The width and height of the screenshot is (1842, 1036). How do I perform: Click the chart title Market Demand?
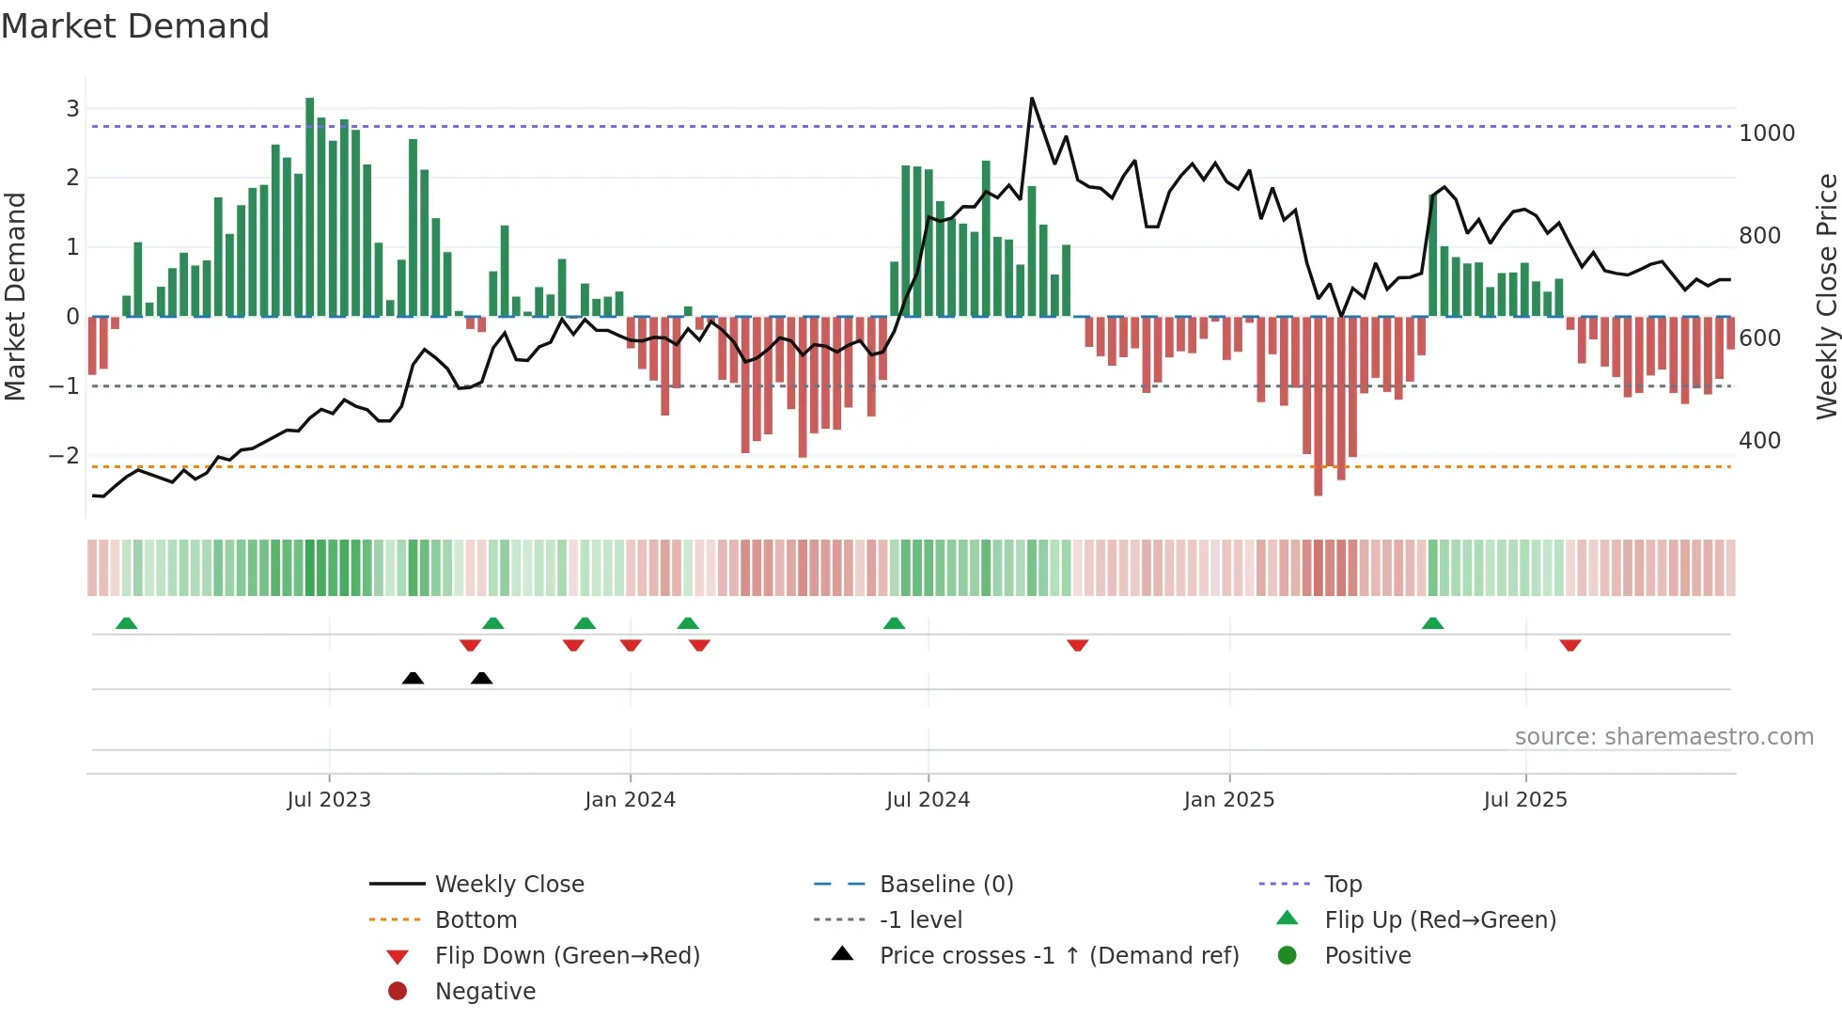[135, 25]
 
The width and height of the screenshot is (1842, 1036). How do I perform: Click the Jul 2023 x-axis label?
[329, 800]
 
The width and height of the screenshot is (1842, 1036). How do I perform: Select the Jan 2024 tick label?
[630, 800]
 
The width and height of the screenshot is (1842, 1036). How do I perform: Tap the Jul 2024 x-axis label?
[928, 800]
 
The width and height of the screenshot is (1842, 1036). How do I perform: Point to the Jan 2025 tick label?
[1228, 800]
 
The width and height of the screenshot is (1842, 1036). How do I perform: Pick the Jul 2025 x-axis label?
[1525, 800]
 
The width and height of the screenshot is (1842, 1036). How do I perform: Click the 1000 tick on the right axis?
[1767, 133]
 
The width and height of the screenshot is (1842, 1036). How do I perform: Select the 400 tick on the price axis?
[1759, 441]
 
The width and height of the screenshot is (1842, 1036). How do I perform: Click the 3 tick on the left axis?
[72, 108]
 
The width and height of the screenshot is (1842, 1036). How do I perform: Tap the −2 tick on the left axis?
[65, 456]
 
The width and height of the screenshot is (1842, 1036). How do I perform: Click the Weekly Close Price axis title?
[1826, 296]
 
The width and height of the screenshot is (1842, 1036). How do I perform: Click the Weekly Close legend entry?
[509, 885]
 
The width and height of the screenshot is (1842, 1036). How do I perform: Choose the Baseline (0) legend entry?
[945, 885]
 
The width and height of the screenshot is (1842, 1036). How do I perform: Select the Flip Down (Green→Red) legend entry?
[567, 956]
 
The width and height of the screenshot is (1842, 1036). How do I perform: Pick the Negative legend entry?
[485, 992]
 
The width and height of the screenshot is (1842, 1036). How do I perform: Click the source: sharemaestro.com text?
[1663, 737]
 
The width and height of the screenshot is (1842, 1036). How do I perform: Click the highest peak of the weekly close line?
[1031, 99]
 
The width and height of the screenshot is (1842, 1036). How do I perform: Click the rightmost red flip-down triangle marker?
[1570, 645]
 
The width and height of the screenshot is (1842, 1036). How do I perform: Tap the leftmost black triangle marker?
[413, 678]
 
